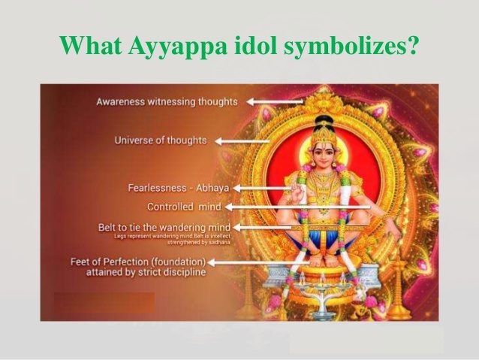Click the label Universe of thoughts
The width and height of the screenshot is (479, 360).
(161, 140)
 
